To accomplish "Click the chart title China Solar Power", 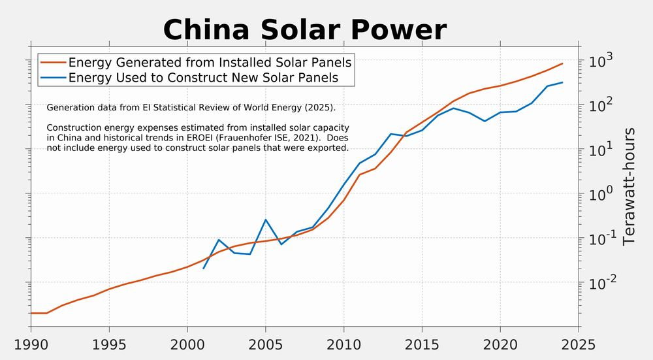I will (x=304, y=30).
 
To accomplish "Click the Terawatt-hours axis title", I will (x=629, y=186).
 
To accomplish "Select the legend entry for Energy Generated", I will (x=210, y=63).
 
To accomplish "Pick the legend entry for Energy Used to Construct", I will (x=203, y=78).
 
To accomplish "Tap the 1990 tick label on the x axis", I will (x=31, y=344).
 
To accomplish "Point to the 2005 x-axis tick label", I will (x=265, y=344).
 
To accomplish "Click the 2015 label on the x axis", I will (x=422, y=344).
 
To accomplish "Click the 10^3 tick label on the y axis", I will (x=600, y=61).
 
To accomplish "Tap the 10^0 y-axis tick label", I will (x=600, y=194).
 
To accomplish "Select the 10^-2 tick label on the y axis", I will (x=601, y=283).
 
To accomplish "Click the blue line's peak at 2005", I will (x=265, y=220).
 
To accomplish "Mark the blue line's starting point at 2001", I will (x=203, y=269).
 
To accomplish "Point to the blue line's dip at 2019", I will (x=485, y=121).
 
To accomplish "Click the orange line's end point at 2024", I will (x=563, y=63).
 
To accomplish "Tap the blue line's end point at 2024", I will (x=563, y=82).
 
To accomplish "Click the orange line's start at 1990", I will (x=31, y=313).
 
